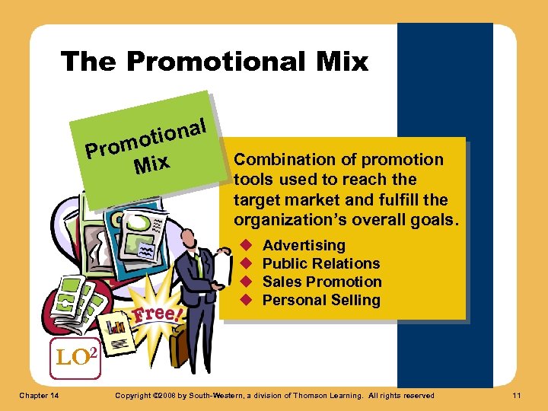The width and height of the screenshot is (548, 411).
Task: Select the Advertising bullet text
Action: [304, 245]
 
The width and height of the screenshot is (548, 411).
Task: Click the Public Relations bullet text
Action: [321, 263]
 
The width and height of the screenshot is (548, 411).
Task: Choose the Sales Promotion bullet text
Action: [322, 282]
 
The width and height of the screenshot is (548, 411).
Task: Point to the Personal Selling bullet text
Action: [321, 300]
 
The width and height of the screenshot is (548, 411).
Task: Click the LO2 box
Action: [75, 356]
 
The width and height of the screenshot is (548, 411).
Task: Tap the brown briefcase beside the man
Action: [180, 347]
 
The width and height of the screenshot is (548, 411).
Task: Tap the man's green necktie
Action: [199, 266]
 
